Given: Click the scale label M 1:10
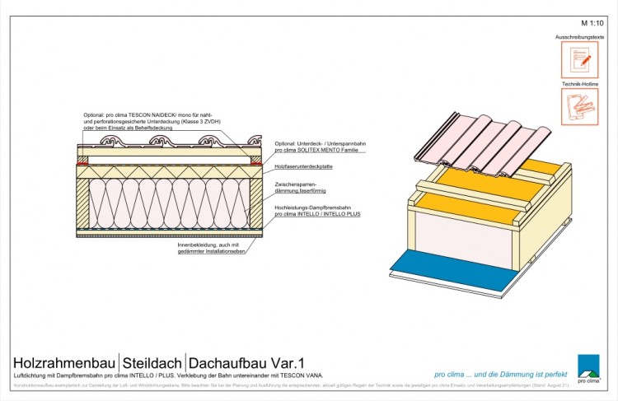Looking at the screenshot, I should [x=592, y=23].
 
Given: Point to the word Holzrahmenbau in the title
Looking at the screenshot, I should [x=64, y=362].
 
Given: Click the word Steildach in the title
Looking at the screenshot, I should [x=153, y=362].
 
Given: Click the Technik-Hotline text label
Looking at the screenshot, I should [x=580, y=85].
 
